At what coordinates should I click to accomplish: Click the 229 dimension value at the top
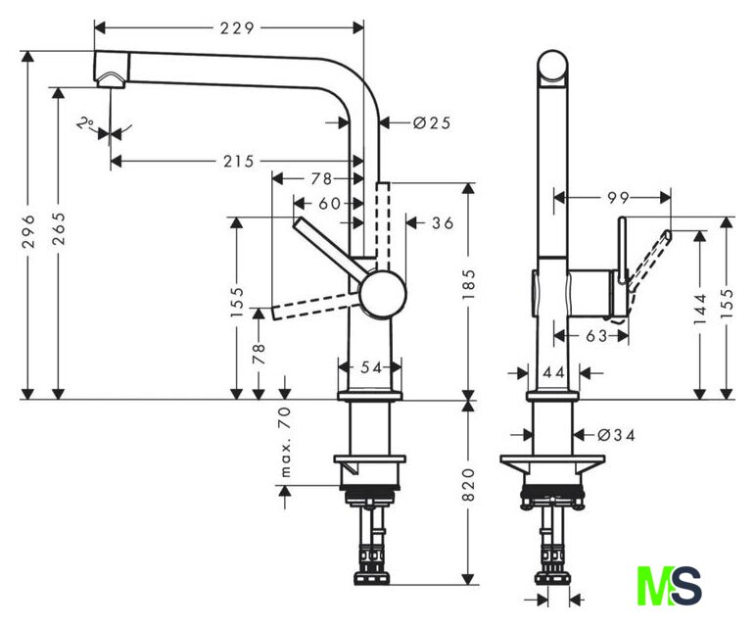237,28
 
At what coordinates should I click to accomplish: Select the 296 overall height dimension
29,231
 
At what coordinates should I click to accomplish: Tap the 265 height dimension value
58,228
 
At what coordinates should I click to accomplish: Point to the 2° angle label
85,123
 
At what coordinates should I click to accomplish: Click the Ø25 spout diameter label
432,123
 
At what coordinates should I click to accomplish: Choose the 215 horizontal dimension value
239,162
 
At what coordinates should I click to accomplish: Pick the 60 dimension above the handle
330,204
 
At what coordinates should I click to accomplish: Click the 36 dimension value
443,223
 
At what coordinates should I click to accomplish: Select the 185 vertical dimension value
468,284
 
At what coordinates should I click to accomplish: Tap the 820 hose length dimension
468,485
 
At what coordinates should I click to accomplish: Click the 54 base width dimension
371,368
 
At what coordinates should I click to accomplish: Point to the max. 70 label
286,442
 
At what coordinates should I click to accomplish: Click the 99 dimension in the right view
618,198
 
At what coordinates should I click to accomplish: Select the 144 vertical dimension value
699,309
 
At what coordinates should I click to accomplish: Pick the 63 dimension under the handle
596,336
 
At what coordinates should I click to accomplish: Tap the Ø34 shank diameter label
616,435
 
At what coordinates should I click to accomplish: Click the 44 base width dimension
553,372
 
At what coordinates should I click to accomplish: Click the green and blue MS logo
669,586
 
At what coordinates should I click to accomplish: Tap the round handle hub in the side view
383,294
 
